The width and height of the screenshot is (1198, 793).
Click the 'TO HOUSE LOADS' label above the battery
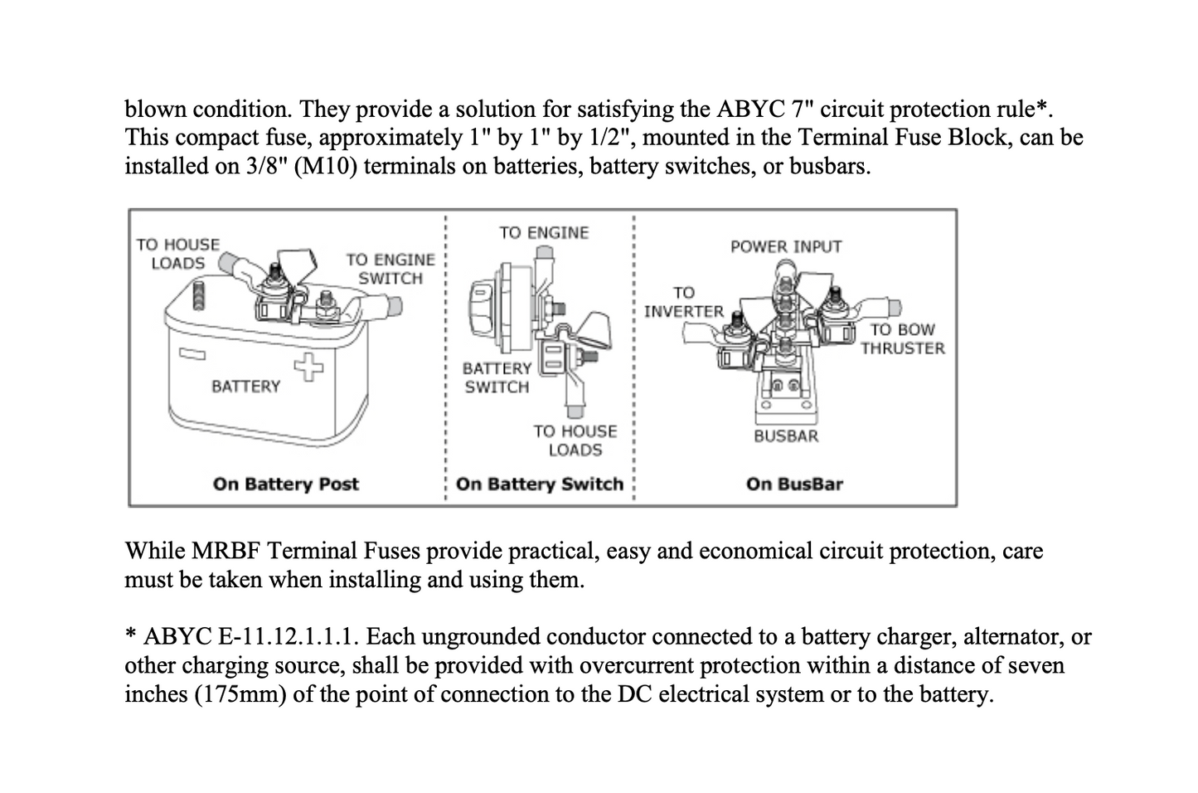click(x=177, y=254)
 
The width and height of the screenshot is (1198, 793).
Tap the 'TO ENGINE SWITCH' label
click(x=390, y=269)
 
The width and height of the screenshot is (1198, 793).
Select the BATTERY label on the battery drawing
click(x=245, y=387)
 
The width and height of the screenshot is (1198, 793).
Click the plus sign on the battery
click(x=309, y=366)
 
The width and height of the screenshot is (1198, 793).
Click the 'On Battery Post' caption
click(x=285, y=484)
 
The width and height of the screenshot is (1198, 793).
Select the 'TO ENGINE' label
click(x=544, y=233)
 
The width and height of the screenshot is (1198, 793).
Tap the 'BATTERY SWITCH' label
click(x=497, y=377)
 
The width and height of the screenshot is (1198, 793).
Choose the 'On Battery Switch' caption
click(x=540, y=484)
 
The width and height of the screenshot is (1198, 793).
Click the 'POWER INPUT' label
click(x=785, y=246)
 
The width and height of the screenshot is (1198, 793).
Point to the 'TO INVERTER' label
click(x=683, y=302)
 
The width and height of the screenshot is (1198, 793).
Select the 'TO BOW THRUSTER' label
click(x=902, y=338)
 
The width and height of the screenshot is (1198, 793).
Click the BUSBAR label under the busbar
click(x=785, y=436)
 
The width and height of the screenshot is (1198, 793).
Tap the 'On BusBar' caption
click(x=794, y=484)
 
